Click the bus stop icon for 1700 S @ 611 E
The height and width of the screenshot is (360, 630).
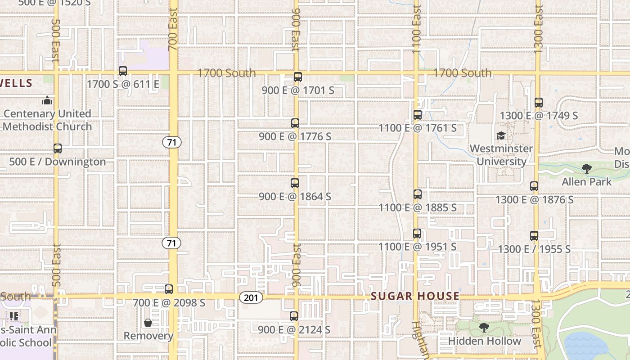pos(122,71)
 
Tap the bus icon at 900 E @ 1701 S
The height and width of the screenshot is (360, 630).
pos(297,77)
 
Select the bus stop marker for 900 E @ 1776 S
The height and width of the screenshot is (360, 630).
pos(295,123)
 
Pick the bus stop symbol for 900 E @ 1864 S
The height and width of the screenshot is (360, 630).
pos(295,183)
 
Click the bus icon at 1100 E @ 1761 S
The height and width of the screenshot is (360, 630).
pos(418,115)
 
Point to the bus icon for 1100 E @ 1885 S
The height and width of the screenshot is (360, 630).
pos(418,194)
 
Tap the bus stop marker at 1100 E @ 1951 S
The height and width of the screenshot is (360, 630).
pos(417,234)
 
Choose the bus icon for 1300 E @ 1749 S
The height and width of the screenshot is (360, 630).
pos(539,103)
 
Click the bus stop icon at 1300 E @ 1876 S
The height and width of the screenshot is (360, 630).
pos(534,186)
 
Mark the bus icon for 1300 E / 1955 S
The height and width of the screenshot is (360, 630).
pos(534,235)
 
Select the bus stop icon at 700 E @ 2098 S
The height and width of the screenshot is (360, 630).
pos(169,289)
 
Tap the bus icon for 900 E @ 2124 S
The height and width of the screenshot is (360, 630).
pos(294,316)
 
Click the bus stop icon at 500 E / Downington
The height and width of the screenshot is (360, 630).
pos(58,148)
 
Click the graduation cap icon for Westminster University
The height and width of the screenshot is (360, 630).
pos(501,135)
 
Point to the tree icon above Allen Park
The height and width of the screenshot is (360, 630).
pos(586,169)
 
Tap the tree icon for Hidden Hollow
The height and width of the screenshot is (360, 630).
pos(484,328)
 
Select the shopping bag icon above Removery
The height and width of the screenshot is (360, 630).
pos(148,323)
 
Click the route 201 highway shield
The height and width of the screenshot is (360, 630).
pos(251,297)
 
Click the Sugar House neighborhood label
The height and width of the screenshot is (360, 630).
pos(415,296)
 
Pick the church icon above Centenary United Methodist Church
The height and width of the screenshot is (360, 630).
pos(47,100)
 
